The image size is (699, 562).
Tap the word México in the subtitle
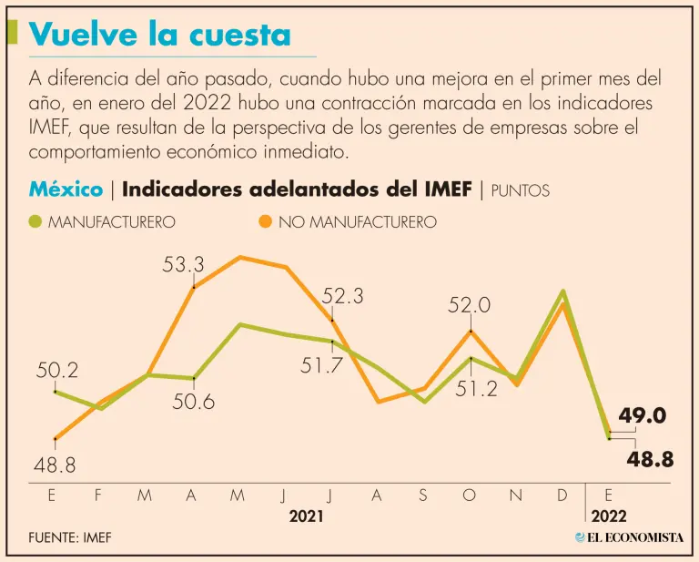(x=66, y=189)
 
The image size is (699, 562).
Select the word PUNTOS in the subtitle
(x=520, y=190)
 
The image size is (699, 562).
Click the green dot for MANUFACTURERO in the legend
(x=35, y=221)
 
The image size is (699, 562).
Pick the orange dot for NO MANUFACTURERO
(x=265, y=221)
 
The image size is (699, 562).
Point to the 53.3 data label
(x=184, y=264)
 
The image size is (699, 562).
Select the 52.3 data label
(x=342, y=296)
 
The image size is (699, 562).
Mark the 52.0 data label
(x=470, y=306)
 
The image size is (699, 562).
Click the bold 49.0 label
(x=643, y=416)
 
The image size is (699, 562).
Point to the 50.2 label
(x=57, y=371)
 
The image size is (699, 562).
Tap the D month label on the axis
(x=562, y=496)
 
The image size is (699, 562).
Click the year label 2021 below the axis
(x=306, y=516)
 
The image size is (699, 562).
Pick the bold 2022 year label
(x=609, y=516)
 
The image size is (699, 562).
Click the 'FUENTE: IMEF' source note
(x=69, y=536)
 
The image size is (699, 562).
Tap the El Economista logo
(x=629, y=536)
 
